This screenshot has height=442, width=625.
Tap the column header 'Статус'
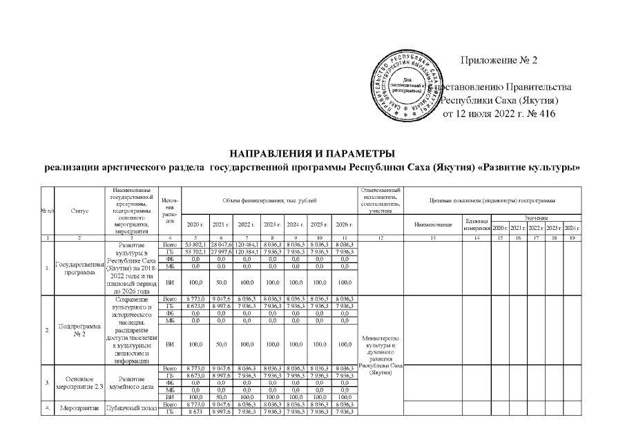pyautogui.click(x=79, y=211)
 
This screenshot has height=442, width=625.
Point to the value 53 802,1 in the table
pyautogui.click(x=189, y=244)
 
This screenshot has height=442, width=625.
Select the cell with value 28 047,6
pyautogui.click(x=221, y=244)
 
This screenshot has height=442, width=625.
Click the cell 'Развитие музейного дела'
pyautogui.click(x=131, y=383)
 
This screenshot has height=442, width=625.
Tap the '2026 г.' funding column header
pyautogui.click(x=344, y=224)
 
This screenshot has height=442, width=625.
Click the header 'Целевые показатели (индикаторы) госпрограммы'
pyautogui.click(x=492, y=200)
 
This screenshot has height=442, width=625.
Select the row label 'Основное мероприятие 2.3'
pyautogui.click(x=79, y=383)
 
